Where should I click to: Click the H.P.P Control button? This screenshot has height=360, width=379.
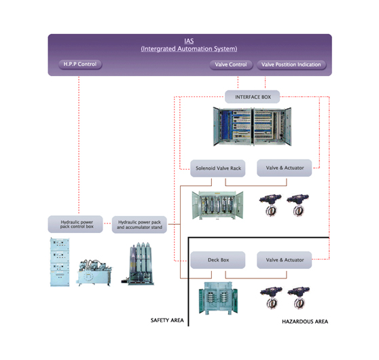pyautogui.click(x=80, y=65)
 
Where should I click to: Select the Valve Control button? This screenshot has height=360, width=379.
pyautogui.click(x=231, y=65)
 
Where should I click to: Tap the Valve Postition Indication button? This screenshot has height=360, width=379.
pyautogui.click(x=291, y=65)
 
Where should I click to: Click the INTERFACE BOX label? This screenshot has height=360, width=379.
pyautogui.click(x=253, y=97)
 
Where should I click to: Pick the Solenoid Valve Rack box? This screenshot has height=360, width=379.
pyautogui.click(x=218, y=168)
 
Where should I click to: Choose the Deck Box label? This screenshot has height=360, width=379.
pyautogui.click(x=218, y=260)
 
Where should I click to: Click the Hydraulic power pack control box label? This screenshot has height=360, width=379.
pyautogui.click(x=75, y=224)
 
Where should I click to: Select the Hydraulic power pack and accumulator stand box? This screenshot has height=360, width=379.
pyautogui.click(x=139, y=225)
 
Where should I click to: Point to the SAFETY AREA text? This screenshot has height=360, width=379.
pyautogui.click(x=167, y=321)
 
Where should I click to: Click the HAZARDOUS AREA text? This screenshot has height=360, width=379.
pyautogui.click(x=305, y=321)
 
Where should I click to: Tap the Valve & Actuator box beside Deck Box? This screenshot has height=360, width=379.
pyautogui.click(x=284, y=260)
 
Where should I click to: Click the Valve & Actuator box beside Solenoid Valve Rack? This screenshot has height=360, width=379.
pyautogui.click(x=284, y=168)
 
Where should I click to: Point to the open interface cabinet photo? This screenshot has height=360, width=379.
pyautogui.click(x=252, y=126)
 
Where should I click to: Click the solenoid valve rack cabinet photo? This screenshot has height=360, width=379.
pyautogui.click(x=217, y=205)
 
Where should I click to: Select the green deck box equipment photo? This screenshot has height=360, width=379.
pyautogui.click(x=218, y=298)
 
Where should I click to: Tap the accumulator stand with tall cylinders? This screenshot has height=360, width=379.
pyautogui.click(x=138, y=264)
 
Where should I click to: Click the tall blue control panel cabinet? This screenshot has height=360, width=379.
pyautogui.click(x=60, y=262)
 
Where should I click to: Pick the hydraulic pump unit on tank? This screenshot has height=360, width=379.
pyautogui.click(x=94, y=273)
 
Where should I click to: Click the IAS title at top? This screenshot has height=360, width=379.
pyautogui.click(x=189, y=41)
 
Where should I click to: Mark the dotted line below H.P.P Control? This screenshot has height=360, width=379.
pyautogui.click(x=79, y=145)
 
